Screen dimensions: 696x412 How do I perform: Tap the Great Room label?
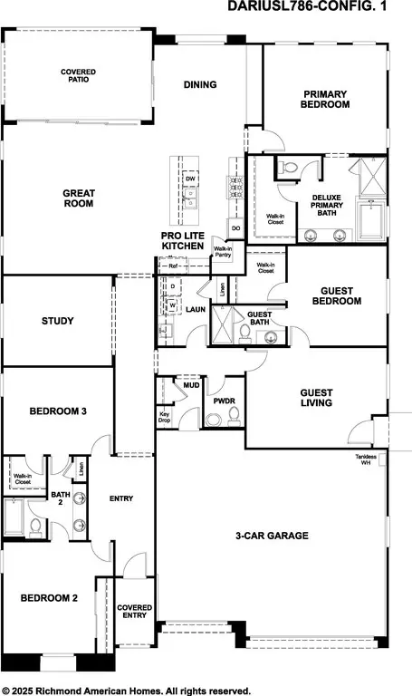[x=78, y=198]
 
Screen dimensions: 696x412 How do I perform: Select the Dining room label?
[x=200, y=85]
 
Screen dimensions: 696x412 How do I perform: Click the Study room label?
[x=58, y=321]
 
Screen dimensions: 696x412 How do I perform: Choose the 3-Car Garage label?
[x=270, y=536]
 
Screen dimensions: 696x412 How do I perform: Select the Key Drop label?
[x=165, y=418]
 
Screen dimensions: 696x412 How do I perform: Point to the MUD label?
[x=191, y=385]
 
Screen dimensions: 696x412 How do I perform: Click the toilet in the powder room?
[x=234, y=415]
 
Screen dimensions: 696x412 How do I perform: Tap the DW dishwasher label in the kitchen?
[x=190, y=179]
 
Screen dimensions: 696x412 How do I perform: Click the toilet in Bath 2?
[x=35, y=526]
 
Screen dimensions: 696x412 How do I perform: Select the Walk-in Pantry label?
[x=222, y=252]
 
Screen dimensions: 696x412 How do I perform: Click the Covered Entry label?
[x=134, y=611]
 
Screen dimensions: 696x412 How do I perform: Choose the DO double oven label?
[x=234, y=228]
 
